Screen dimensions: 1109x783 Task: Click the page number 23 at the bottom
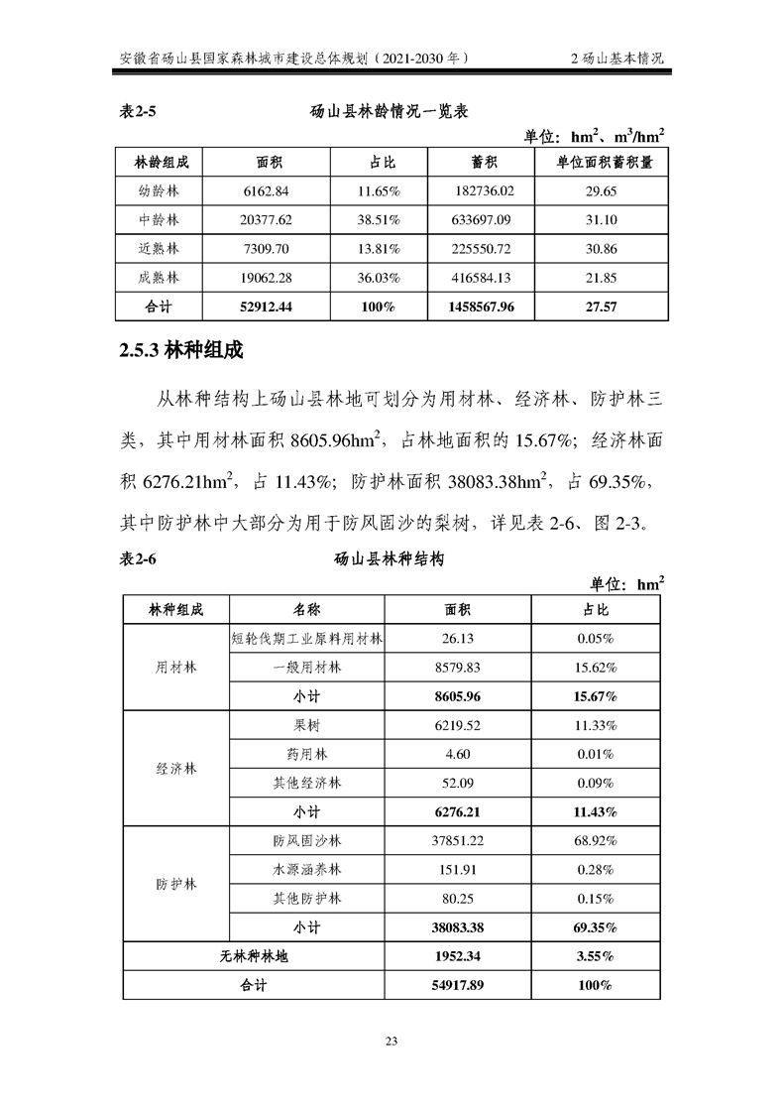pyautogui.click(x=391, y=1041)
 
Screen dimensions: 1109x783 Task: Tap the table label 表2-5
pyautogui.click(x=137, y=113)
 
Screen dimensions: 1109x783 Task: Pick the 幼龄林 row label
pyautogui.click(x=159, y=191)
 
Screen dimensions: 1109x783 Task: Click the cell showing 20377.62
pyautogui.click(x=267, y=219)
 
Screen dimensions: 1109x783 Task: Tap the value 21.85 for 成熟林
pyautogui.click(x=601, y=277)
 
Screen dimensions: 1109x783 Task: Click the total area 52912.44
pyautogui.click(x=267, y=307)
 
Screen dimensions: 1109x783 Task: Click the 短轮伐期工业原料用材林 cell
pyautogui.click(x=307, y=638)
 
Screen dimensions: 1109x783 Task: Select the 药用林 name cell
pyautogui.click(x=307, y=754)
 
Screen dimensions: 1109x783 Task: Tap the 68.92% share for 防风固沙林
pyautogui.click(x=596, y=841)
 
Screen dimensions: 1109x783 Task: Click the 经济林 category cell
pyautogui.click(x=175, y=769)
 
